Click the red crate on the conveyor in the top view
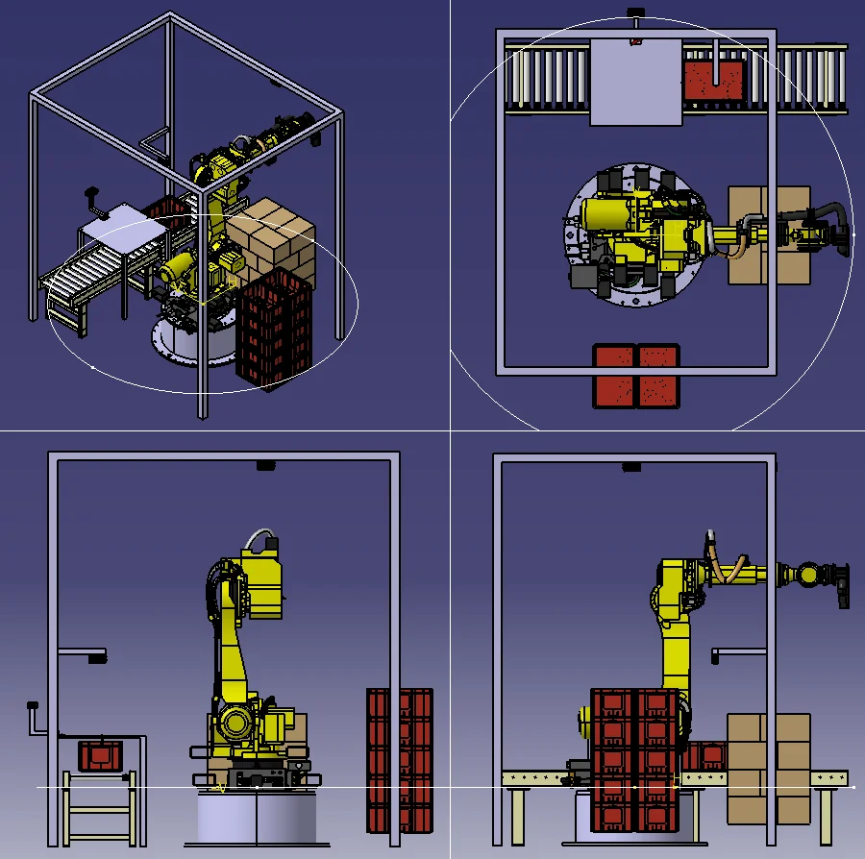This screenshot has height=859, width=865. coord(714,80)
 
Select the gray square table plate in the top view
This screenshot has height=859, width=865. coord(635,82)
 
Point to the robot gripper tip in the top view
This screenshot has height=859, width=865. coord(843,233)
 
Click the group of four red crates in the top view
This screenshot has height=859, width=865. coord(635,375)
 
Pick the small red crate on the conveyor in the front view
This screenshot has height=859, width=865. coord(99,755)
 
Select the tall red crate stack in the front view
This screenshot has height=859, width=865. coord(400,759)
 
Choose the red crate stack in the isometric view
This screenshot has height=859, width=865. coord(275,327)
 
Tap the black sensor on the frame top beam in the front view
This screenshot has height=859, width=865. coord(266,466)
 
